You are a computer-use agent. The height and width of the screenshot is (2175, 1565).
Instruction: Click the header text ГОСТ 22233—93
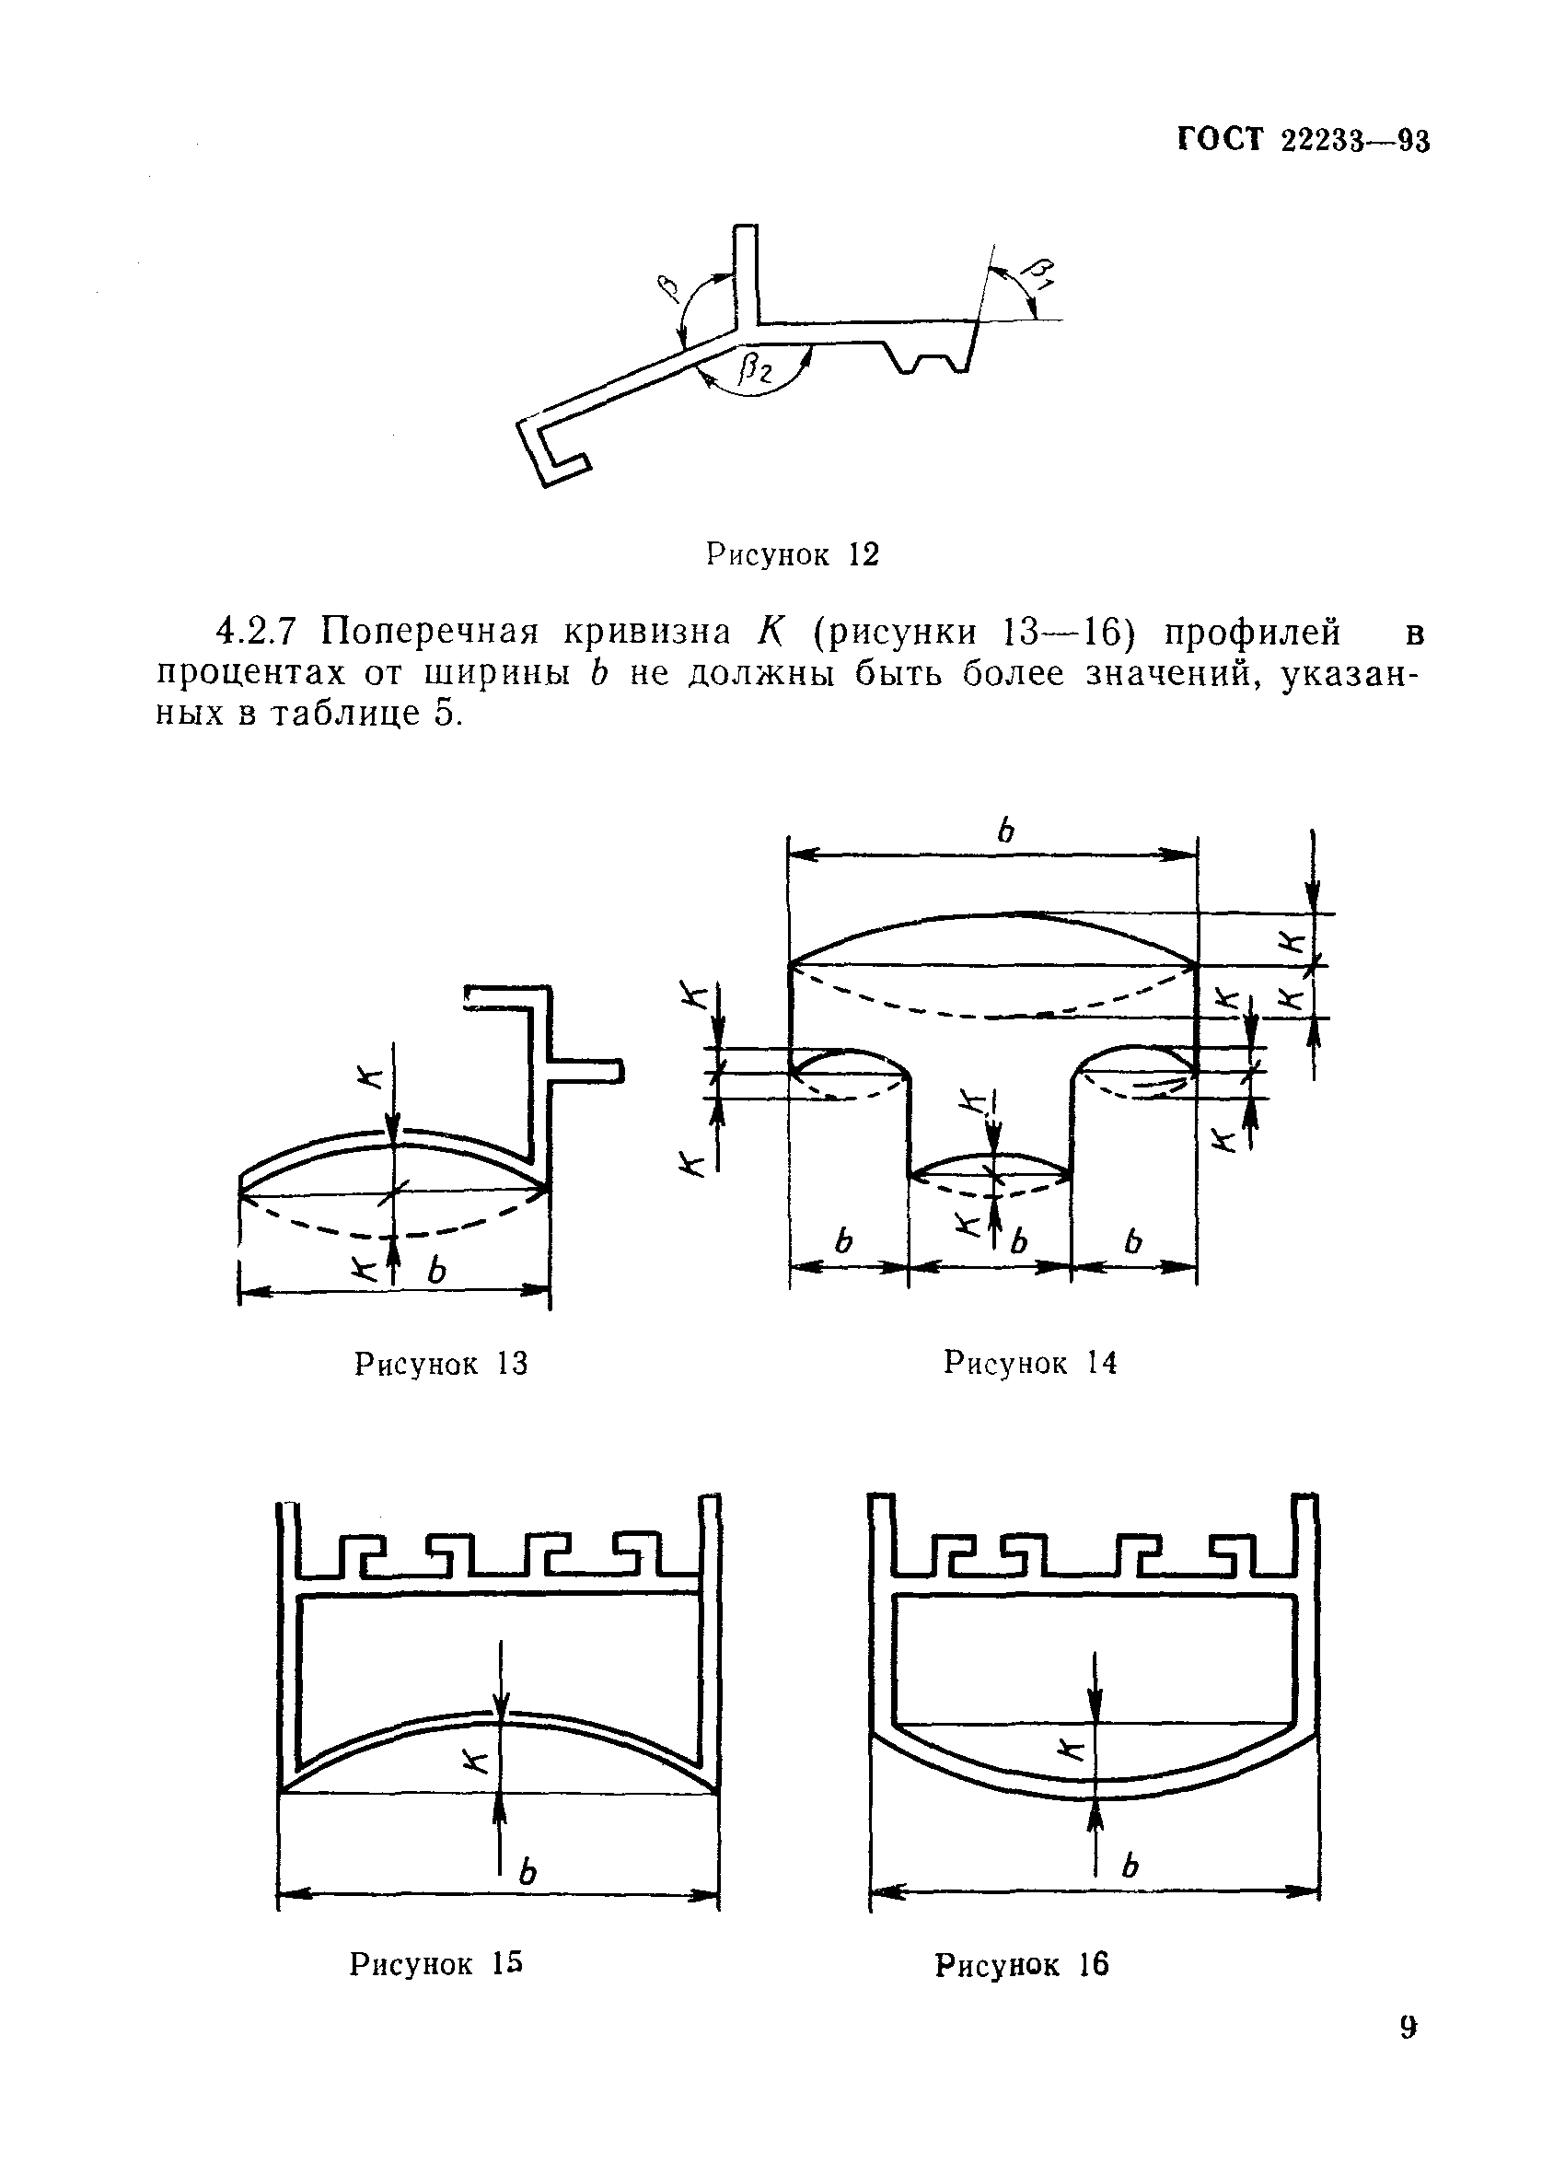tap(1303, 141)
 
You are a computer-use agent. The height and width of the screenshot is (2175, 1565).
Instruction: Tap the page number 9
tap(1407, 2028)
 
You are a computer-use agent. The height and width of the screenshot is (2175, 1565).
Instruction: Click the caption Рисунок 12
tap(792, 554)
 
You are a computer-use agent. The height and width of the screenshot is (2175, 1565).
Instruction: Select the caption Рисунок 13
tap(441, 1364)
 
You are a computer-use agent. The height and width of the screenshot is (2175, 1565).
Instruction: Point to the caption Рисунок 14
tap(1030, 1363)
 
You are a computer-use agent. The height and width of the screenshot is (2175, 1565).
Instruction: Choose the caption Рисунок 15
tap(436, 1964)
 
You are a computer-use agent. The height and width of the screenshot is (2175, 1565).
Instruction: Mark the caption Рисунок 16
tap(1021, 1965)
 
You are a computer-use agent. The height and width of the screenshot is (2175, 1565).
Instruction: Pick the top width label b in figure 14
tap(1004, 830)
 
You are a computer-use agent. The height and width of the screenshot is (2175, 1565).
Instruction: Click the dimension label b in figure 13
tap(436, 1272)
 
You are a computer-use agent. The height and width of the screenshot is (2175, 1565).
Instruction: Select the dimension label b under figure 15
tap(527, 1871)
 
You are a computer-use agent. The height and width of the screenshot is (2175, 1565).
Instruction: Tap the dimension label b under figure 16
tap(1130, 1866)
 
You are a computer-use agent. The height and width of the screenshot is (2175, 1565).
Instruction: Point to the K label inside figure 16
tap(1072, 1749)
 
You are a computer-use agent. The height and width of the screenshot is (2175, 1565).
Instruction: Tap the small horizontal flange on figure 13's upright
tap(587, 1069)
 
